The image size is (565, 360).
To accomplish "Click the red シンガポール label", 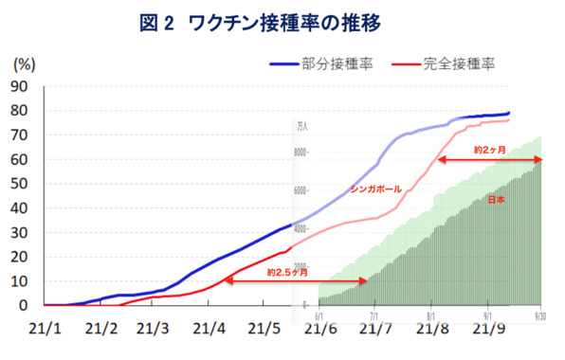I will pos(376,189).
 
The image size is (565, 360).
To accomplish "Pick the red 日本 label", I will pos(496,201).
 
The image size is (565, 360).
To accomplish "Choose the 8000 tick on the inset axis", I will pos(302,152).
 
